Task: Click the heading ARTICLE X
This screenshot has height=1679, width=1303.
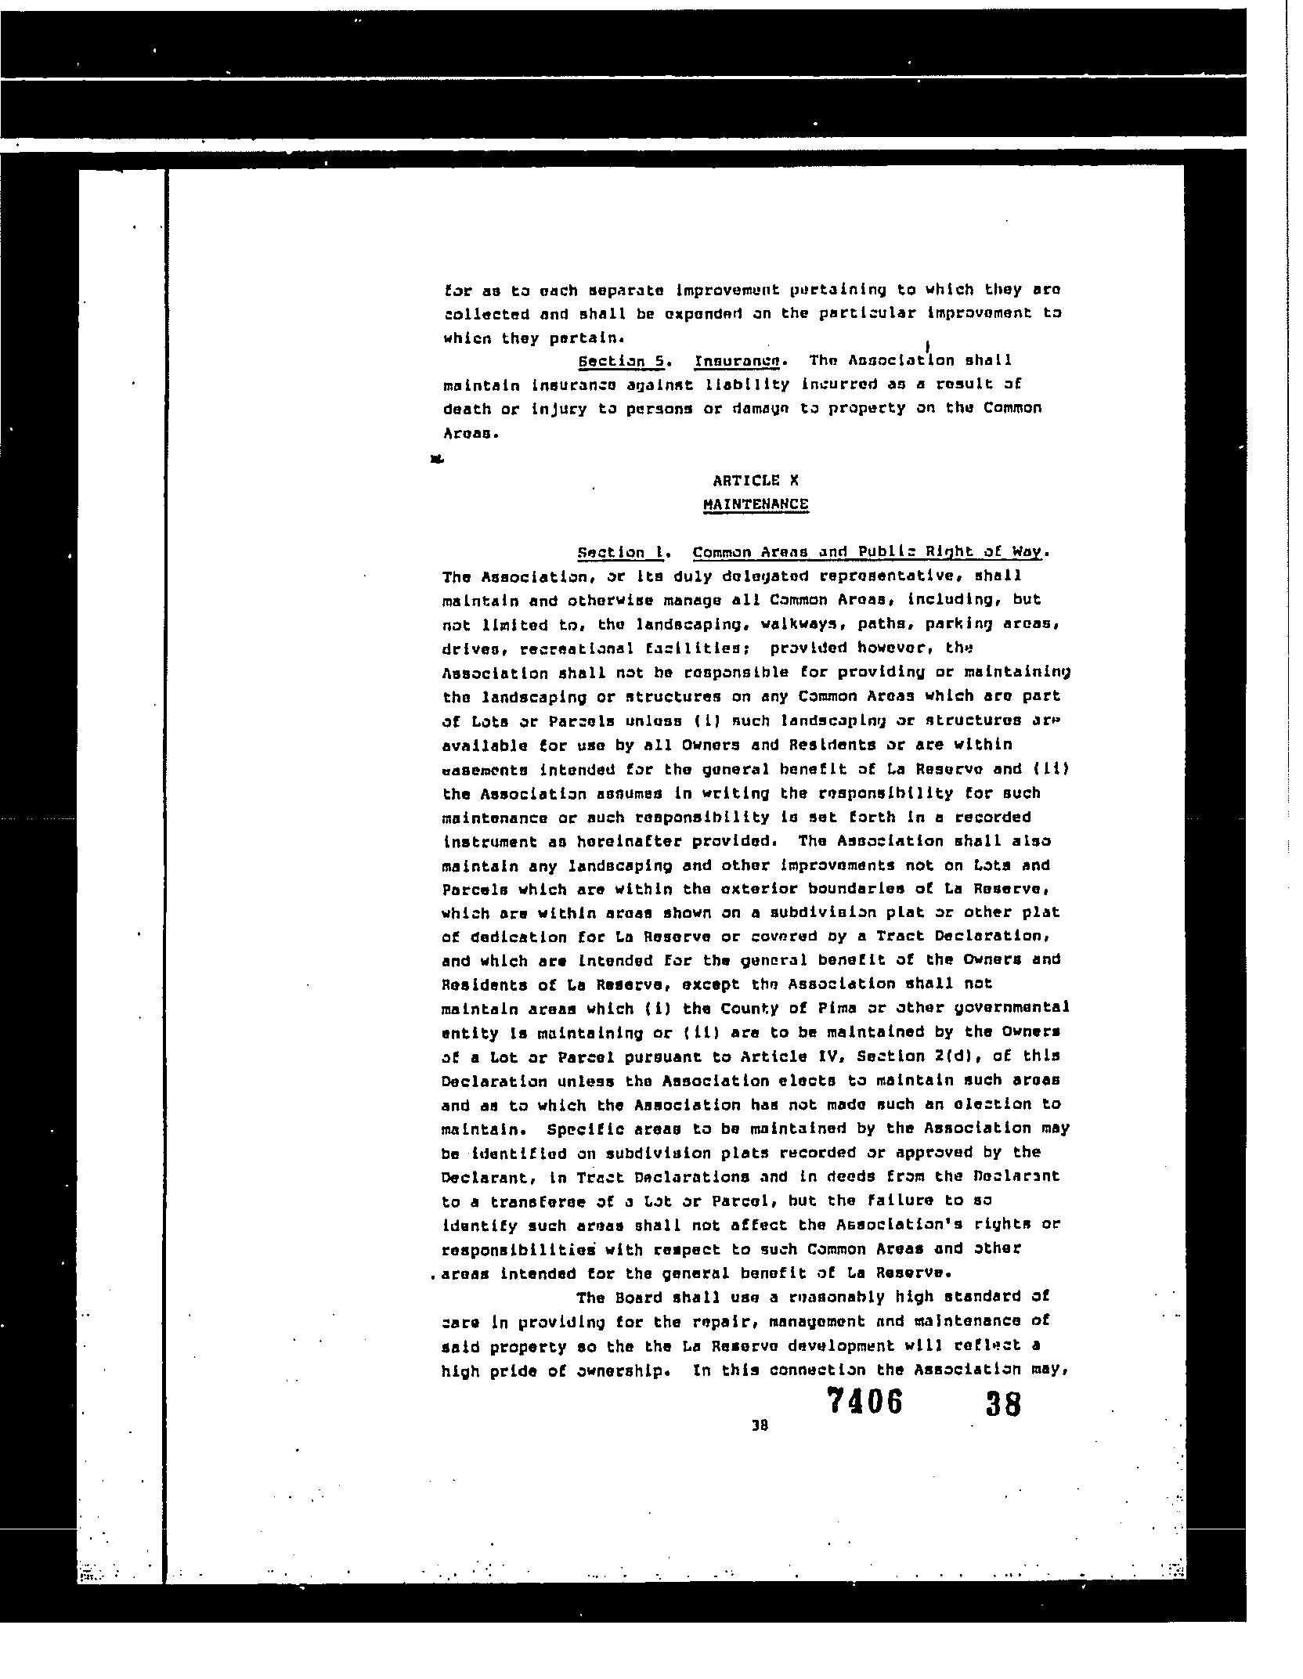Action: click(x=755, y=481)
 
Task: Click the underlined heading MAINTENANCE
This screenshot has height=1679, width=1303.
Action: click(x=755, y=504)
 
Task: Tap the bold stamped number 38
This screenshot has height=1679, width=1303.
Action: click(x=1003, y=1404)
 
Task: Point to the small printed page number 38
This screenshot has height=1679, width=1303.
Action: click(x=759, y=1426)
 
